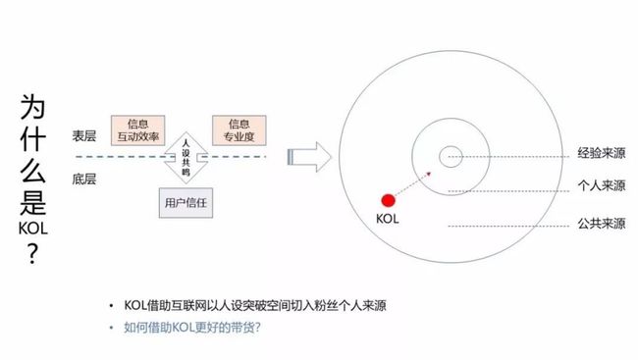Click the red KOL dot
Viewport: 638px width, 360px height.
tap(388, 200)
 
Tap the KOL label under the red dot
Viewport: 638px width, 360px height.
tap(388, 221)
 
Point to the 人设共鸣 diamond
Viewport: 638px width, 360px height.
tap(186, 157)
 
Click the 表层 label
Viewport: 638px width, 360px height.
tap(83, 135)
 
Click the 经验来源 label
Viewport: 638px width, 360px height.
tap(601, 155)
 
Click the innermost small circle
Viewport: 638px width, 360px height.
tap(451, 155)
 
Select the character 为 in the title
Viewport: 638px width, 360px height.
tap(31, 107)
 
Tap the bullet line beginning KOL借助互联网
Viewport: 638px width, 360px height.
tap(254, 305)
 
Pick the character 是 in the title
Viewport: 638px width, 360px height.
tap(31, 200)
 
